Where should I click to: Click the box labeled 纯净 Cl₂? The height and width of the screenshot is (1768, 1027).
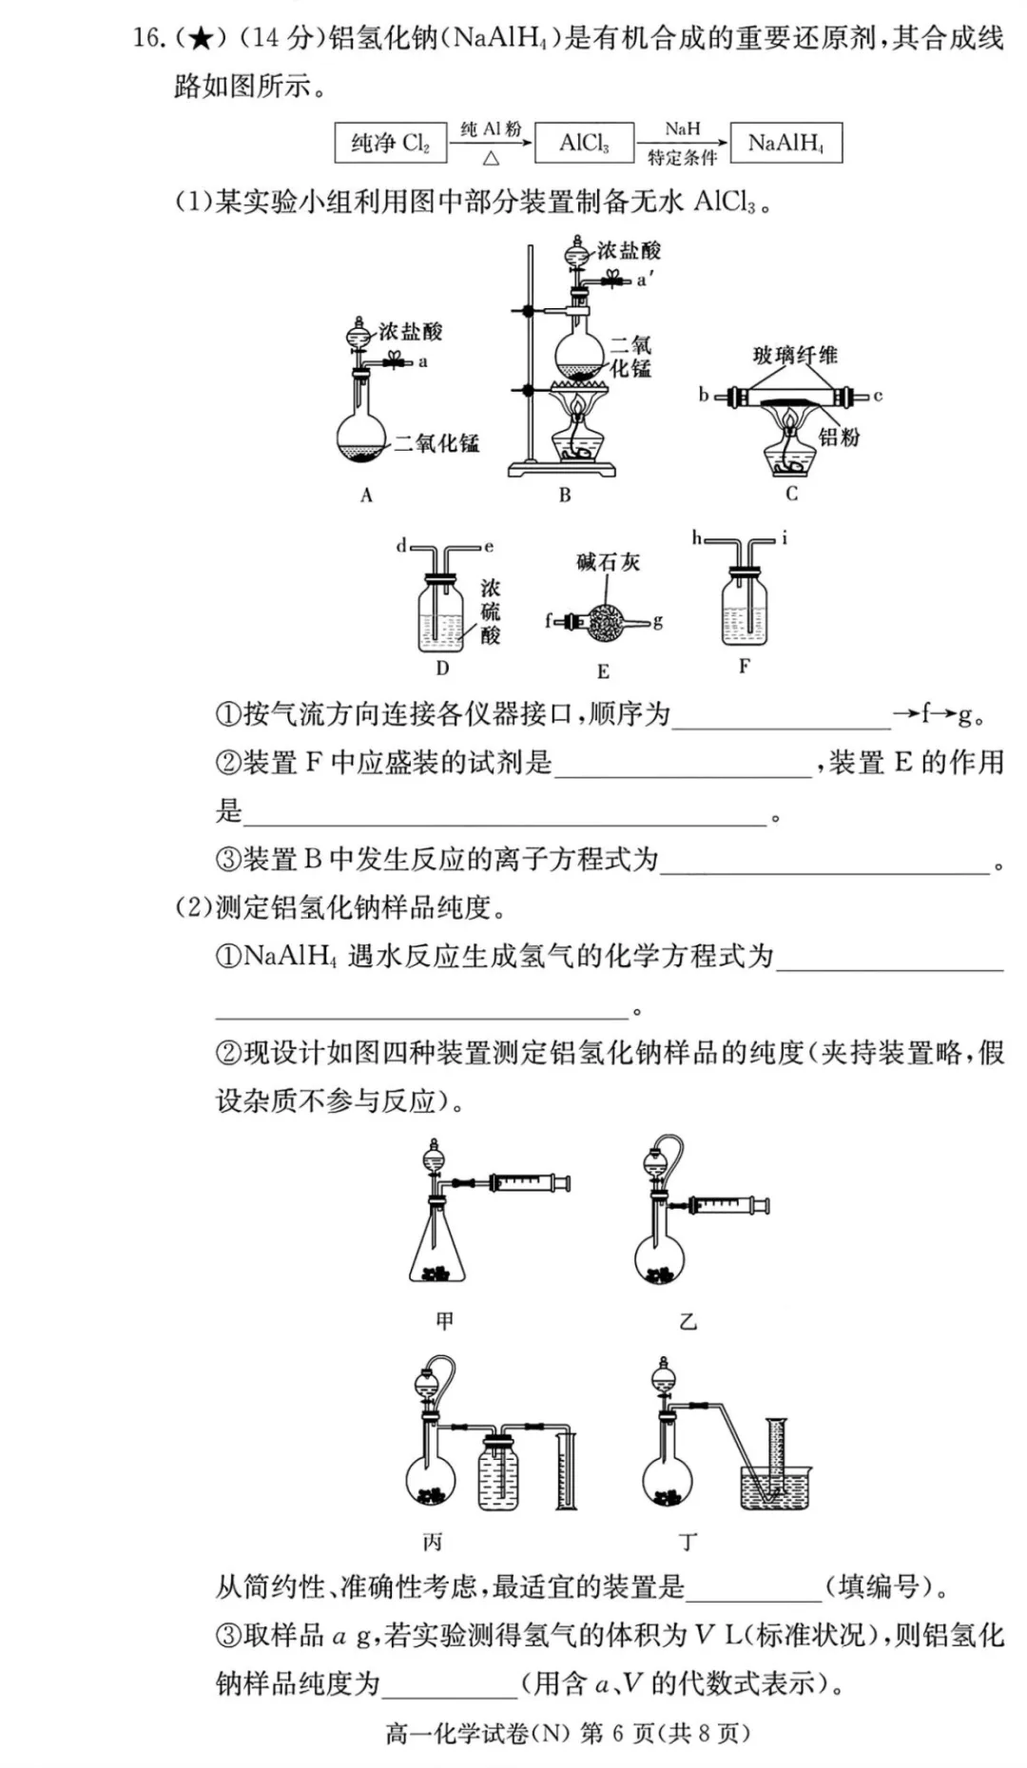[x=390, y=144]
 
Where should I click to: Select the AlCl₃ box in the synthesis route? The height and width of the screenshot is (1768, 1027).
[x=584, y=144]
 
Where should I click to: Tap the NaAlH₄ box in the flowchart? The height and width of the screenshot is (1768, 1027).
[x=785, y=144]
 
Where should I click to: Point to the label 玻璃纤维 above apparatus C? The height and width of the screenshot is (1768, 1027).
[x=795, y=356]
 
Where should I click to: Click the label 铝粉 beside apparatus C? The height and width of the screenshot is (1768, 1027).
[x=839, y=437]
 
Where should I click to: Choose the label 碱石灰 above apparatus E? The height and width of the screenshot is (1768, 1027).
[x=608, y=562]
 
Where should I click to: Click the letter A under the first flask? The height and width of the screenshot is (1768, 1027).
[x=366, y=495]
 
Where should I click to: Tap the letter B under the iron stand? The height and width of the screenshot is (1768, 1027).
[x=565, y=495]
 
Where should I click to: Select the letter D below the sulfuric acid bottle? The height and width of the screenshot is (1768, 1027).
[x=442, y=669]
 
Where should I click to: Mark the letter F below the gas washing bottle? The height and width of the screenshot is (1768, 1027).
[x=744, y=667]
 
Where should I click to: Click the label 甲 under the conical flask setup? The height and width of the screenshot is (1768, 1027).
[x=444, y=1320]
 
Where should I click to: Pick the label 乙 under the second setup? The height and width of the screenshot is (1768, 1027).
[x=688, y=1321]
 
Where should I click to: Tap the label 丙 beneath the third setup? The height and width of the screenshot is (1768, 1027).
[x=433, y=1542]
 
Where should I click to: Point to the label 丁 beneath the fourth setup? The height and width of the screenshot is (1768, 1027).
[x=688, y=1542]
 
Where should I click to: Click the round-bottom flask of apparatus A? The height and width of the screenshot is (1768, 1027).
[x=361, y=437]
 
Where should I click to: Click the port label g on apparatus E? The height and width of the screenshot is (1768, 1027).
[x=658, y=621]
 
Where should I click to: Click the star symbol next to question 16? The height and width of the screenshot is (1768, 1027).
[x=200, y=39]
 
